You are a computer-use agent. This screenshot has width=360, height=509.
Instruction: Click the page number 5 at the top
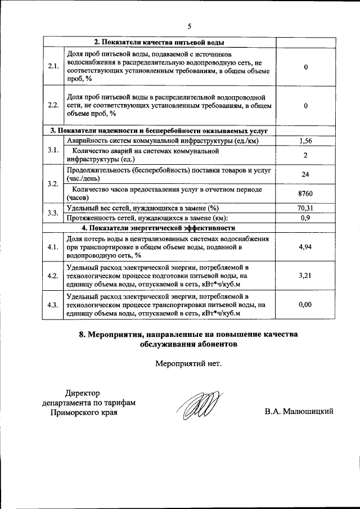(189, 26)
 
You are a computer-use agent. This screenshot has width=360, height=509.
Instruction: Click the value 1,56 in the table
(305, 141)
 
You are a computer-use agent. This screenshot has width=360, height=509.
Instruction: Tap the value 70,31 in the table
(305, 208)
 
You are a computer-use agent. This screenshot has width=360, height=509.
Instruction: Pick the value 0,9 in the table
(305, 218)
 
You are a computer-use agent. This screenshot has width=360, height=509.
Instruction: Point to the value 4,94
(305, 247)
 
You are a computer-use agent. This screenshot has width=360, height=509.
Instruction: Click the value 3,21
(305, 276)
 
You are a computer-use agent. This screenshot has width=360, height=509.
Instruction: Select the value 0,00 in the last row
(305, 304)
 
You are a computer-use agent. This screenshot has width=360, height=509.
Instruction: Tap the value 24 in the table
(305, 174)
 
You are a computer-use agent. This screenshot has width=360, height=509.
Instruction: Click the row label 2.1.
(54, 66)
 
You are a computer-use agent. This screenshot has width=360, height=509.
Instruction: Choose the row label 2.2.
(54, 105)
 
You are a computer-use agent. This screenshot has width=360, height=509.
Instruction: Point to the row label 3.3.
(54, 213)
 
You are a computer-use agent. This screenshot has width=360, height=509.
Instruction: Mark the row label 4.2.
(54, 276)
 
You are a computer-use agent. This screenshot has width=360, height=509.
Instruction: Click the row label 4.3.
(54, 304)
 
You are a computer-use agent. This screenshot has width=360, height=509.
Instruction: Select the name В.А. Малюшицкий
(299, 412)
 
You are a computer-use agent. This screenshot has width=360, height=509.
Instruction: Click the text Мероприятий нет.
(188, 363)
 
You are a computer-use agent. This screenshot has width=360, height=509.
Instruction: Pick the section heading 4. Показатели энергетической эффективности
(158, 228)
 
